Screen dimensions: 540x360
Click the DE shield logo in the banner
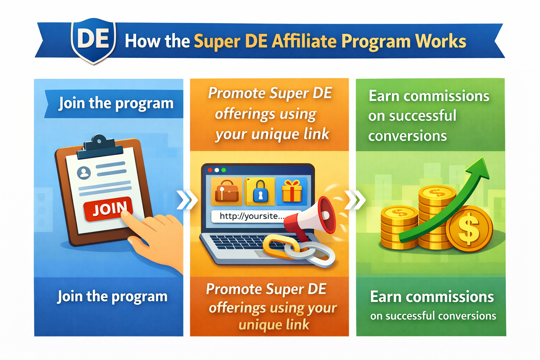[x=94, y=40]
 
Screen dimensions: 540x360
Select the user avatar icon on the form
[x=84, y=173]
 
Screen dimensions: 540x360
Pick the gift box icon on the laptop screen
[x=292, y=191]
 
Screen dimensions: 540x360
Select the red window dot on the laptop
[x=210, y=170]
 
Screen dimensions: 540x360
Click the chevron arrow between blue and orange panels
[x=187, y=200]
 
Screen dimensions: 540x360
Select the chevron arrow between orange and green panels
[x=355, y=200]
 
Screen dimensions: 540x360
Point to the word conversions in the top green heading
[x=407, y=136]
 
